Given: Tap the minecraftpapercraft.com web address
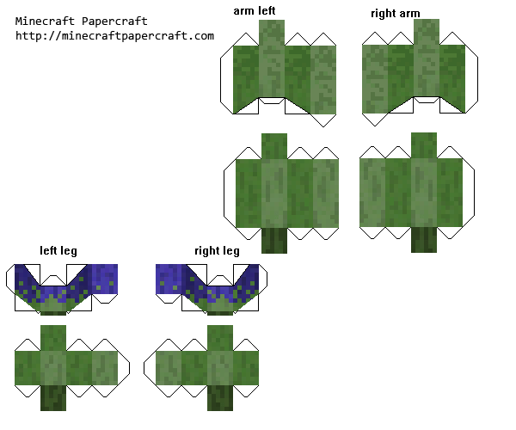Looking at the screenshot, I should tap(114, 36).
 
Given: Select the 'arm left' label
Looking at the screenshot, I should tap(255, 10).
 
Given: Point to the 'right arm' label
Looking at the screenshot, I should tap(396, 14).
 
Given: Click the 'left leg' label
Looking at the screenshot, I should tap(58, 251).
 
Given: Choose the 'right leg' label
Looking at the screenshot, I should tap(217, 251).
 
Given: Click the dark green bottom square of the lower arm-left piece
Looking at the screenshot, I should tap(274, 240).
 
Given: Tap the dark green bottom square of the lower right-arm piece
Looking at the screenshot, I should tap(424, 240).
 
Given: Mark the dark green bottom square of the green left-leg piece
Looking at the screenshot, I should tap(53, 398).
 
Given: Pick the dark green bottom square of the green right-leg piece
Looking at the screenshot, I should tap(220, 398).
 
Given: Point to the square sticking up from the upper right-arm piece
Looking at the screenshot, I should tap(427, 32).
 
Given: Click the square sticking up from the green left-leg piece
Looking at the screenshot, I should tap(53, 338).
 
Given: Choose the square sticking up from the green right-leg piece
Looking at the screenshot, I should tap(220, 338).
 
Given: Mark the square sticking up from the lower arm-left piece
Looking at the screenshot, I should tap(274, 146).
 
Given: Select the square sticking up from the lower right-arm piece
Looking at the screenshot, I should tap(424, 145).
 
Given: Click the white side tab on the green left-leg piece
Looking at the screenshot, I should tap(123, 367).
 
